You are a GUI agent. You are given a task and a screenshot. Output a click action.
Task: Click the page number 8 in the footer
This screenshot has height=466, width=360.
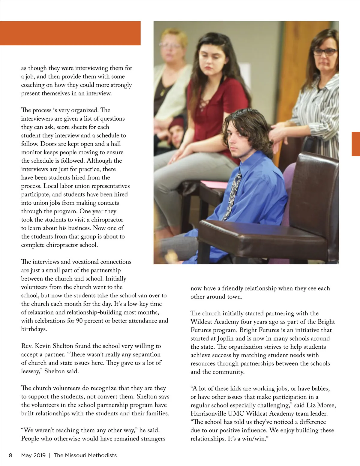pos(10,455)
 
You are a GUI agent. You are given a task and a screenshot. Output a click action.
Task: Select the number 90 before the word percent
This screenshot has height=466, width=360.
pos(79,321)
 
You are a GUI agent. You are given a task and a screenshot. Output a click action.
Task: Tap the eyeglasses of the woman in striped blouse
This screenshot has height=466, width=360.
pos(325,52)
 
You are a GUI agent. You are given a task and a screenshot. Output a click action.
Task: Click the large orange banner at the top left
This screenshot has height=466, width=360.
pos(70,33)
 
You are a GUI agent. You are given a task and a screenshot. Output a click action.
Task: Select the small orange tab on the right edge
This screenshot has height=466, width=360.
pos(355,144)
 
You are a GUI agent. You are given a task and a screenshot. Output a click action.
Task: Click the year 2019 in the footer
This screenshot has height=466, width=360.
pos(39,455)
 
